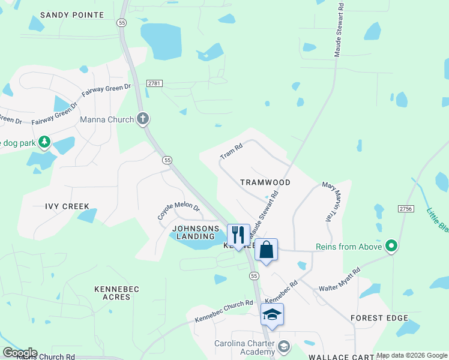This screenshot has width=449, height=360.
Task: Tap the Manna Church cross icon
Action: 142,119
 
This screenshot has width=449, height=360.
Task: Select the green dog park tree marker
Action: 44,142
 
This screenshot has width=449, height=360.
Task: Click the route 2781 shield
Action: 154,84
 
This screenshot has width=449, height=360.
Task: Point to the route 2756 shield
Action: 405,208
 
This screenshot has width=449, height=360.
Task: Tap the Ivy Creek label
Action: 67,206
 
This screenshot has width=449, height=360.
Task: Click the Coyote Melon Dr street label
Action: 178,209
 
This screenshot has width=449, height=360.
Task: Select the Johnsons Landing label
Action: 195,232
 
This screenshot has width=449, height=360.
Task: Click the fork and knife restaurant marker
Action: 238,235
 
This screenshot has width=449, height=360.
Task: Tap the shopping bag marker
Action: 266,249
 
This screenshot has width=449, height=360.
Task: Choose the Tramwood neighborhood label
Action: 265,182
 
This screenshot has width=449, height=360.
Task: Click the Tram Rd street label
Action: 231,151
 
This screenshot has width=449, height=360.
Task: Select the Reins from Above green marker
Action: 392,246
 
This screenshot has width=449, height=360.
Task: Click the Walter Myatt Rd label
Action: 340,277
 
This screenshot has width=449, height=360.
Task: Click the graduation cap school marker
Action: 272,314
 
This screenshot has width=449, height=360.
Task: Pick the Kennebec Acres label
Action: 116,293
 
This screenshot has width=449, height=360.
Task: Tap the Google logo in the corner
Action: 19,353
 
